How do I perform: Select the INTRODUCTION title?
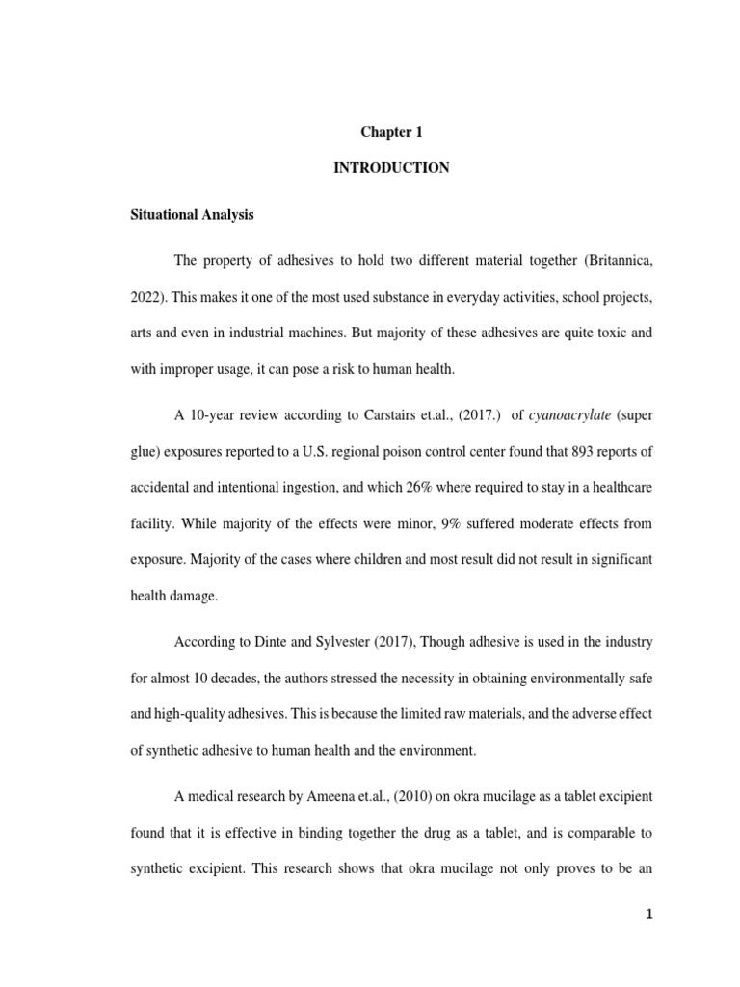[390, 167]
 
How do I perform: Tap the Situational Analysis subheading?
[193, 215]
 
